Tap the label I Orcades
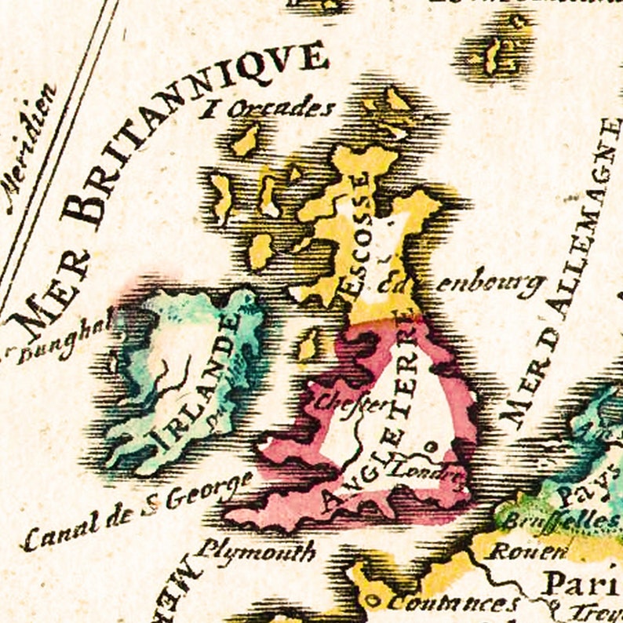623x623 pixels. pyautogui.click(x=267, y=109)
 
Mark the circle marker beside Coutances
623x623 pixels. pyautogui.click(x=374, y=602)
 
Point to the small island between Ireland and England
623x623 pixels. pyautogui.click(x=308, y=345)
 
